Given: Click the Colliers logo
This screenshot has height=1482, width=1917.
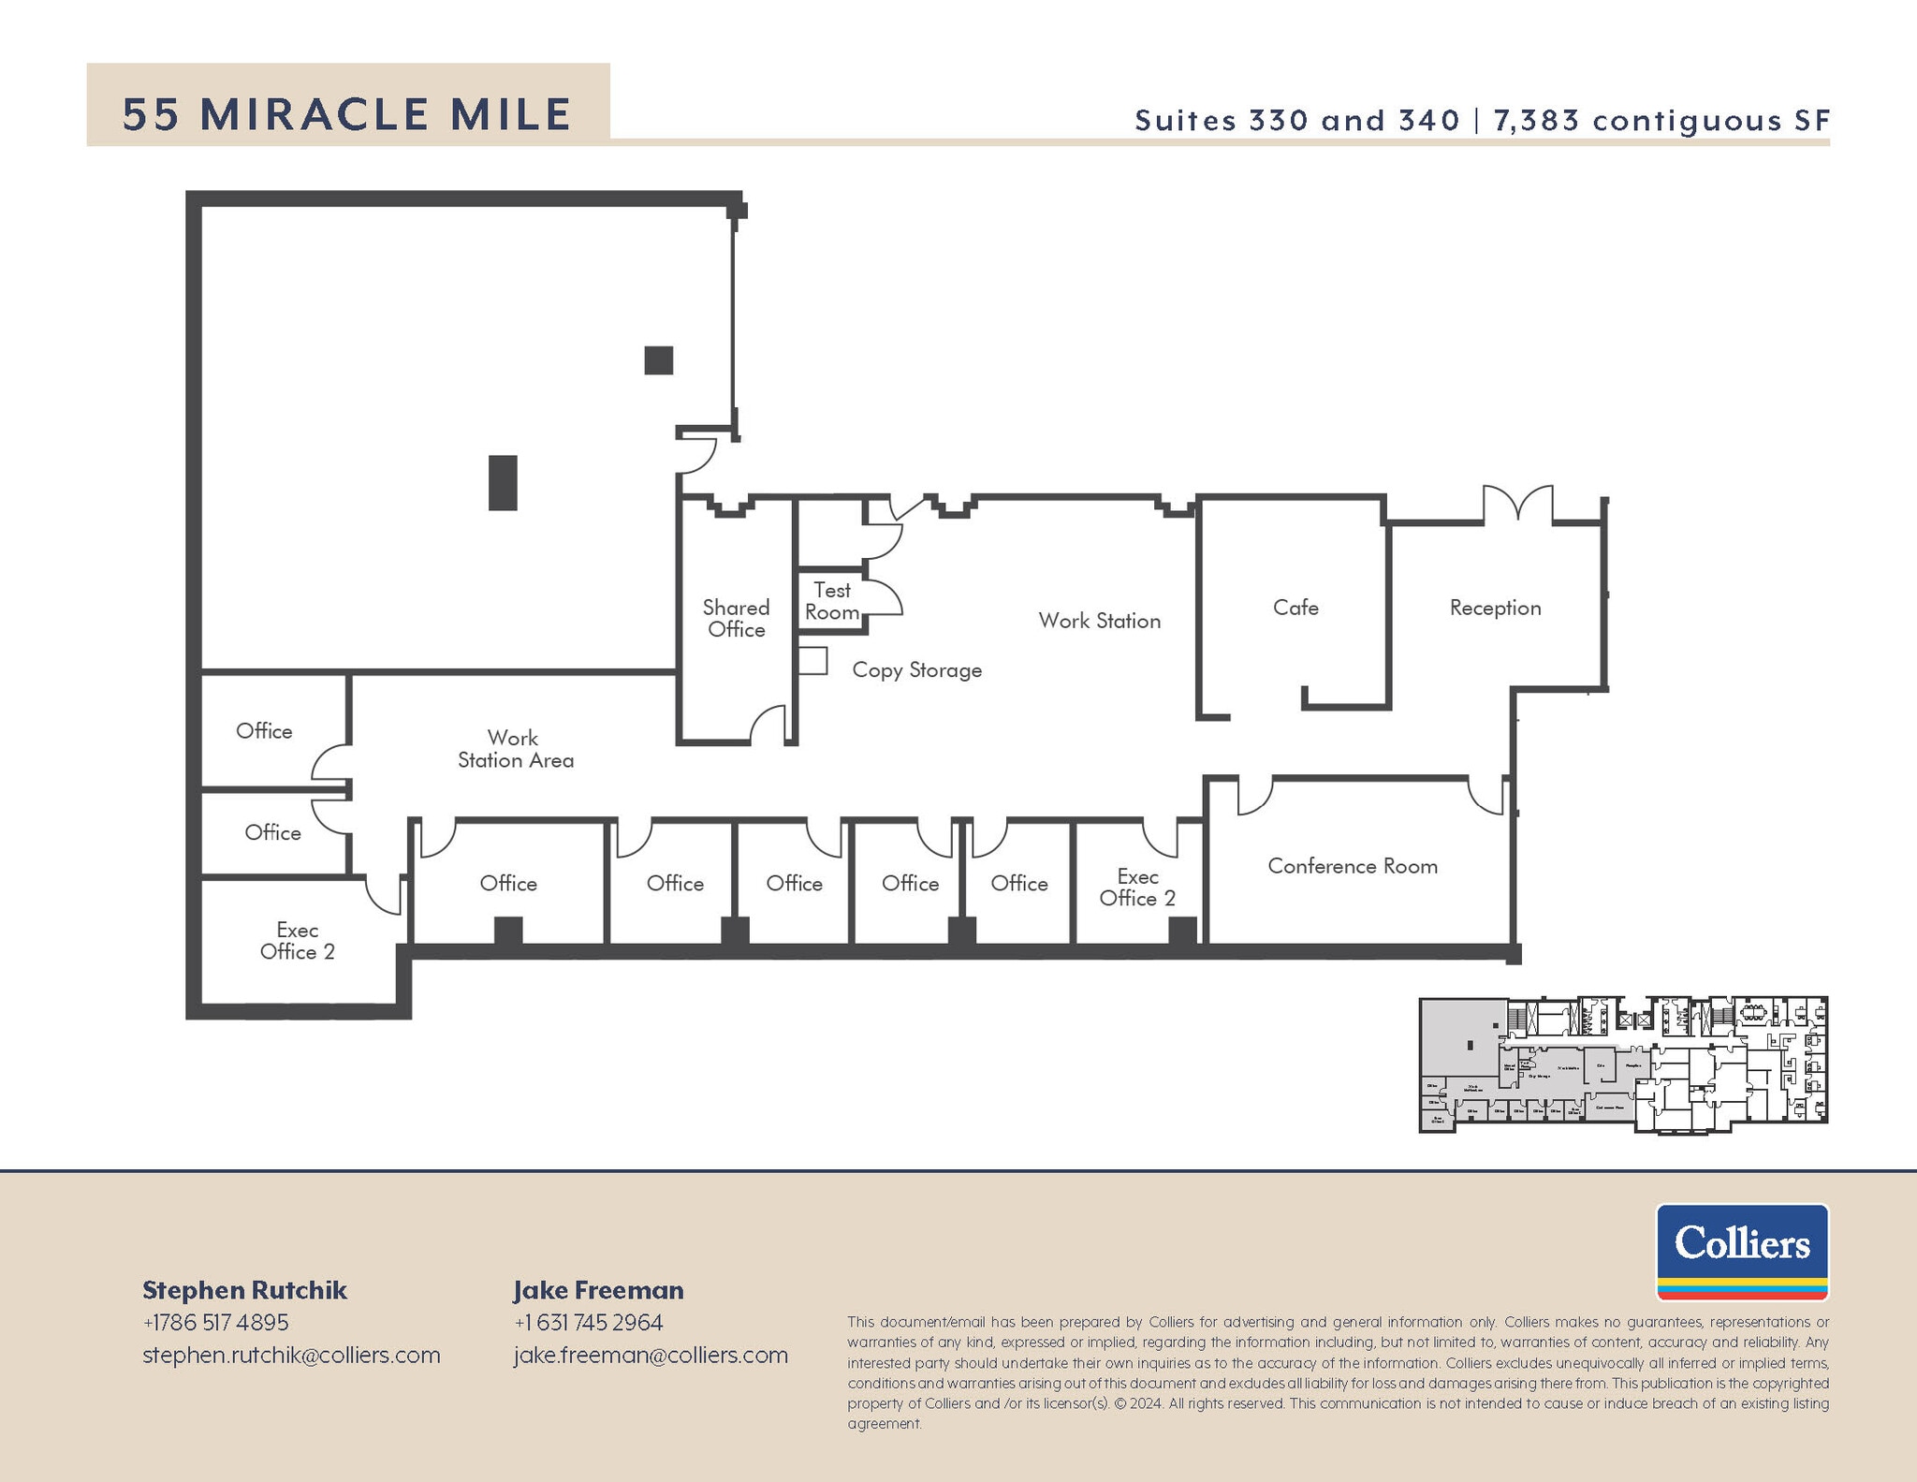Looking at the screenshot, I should (1742, 1252).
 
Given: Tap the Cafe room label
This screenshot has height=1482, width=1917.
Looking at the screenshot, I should (1295, 608).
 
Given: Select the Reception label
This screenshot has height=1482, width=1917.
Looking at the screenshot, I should (1495, 608).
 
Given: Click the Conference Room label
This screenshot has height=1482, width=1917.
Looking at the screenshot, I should (1353, 866).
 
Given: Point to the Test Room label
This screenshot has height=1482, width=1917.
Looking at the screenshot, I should (832, 601).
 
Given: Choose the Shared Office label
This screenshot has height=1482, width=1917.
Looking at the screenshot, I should (737, 619).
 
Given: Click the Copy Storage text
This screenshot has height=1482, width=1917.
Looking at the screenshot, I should (916, 670).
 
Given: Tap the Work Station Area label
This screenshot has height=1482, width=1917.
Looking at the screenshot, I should (515, 749).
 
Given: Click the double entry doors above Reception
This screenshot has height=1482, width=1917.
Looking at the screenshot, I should (1517, 503).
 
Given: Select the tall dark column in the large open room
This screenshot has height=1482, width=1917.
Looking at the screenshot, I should (503, 482).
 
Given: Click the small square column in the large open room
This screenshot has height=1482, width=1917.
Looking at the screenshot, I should (659, 360).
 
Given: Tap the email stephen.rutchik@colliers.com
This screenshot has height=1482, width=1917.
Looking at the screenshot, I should (291, 1355).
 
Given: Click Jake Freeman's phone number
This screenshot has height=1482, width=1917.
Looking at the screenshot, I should (588, 1322).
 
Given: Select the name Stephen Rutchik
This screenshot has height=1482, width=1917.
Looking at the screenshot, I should (244, 1290).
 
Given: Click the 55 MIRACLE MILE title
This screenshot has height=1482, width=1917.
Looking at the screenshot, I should (347, 114).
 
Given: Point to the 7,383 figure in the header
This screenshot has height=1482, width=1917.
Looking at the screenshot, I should (1536, 120).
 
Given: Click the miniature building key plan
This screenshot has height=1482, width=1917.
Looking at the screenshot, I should (1623, 1065).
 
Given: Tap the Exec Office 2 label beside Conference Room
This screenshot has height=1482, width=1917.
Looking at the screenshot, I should (1137, 888).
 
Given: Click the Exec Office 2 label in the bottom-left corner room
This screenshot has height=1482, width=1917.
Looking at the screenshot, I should (297, 941).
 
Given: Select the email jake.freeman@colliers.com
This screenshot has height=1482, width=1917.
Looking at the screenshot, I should (651, 1355).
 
